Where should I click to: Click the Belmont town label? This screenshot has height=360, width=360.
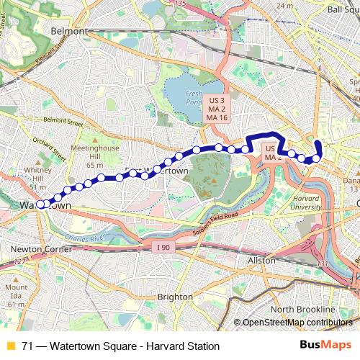click(70, 32)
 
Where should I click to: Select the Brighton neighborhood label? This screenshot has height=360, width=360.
click(175, 296)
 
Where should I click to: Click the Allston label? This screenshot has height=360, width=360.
click(261, 260)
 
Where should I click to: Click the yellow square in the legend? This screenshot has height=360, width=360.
click(10, 346)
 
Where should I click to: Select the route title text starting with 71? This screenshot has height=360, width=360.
click(120, 346)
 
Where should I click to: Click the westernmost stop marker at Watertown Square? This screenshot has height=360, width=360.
click(41, 204)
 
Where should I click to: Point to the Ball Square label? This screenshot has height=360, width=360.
click(341, 10)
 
